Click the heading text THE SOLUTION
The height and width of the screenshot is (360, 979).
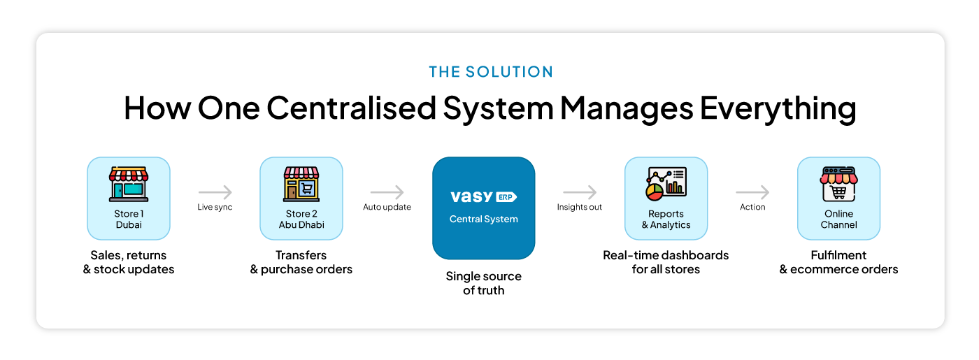[490, 72]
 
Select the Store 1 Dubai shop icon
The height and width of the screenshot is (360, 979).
[129, 184]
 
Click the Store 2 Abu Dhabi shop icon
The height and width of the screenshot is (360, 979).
[301, 184]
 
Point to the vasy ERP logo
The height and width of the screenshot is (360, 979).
[483, 197]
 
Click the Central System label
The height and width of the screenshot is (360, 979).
[483, 219]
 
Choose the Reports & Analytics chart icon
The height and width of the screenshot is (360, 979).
[666, 182]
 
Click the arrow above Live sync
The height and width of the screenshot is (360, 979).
[215, 192]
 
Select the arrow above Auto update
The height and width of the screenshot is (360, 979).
[387, 192]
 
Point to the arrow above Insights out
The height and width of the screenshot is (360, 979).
[579, 192]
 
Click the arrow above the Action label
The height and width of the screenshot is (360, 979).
[752, 192]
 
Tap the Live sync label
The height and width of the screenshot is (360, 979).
[215, 208]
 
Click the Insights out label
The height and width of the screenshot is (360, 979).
[579, 208]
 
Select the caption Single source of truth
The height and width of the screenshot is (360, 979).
[483, 283]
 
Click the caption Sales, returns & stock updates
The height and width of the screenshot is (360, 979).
[129, 262]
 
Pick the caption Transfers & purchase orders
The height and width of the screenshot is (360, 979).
[301, 262]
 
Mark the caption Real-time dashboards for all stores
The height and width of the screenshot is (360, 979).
[666, 262]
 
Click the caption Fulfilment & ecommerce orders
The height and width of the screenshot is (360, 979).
[838, 262]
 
